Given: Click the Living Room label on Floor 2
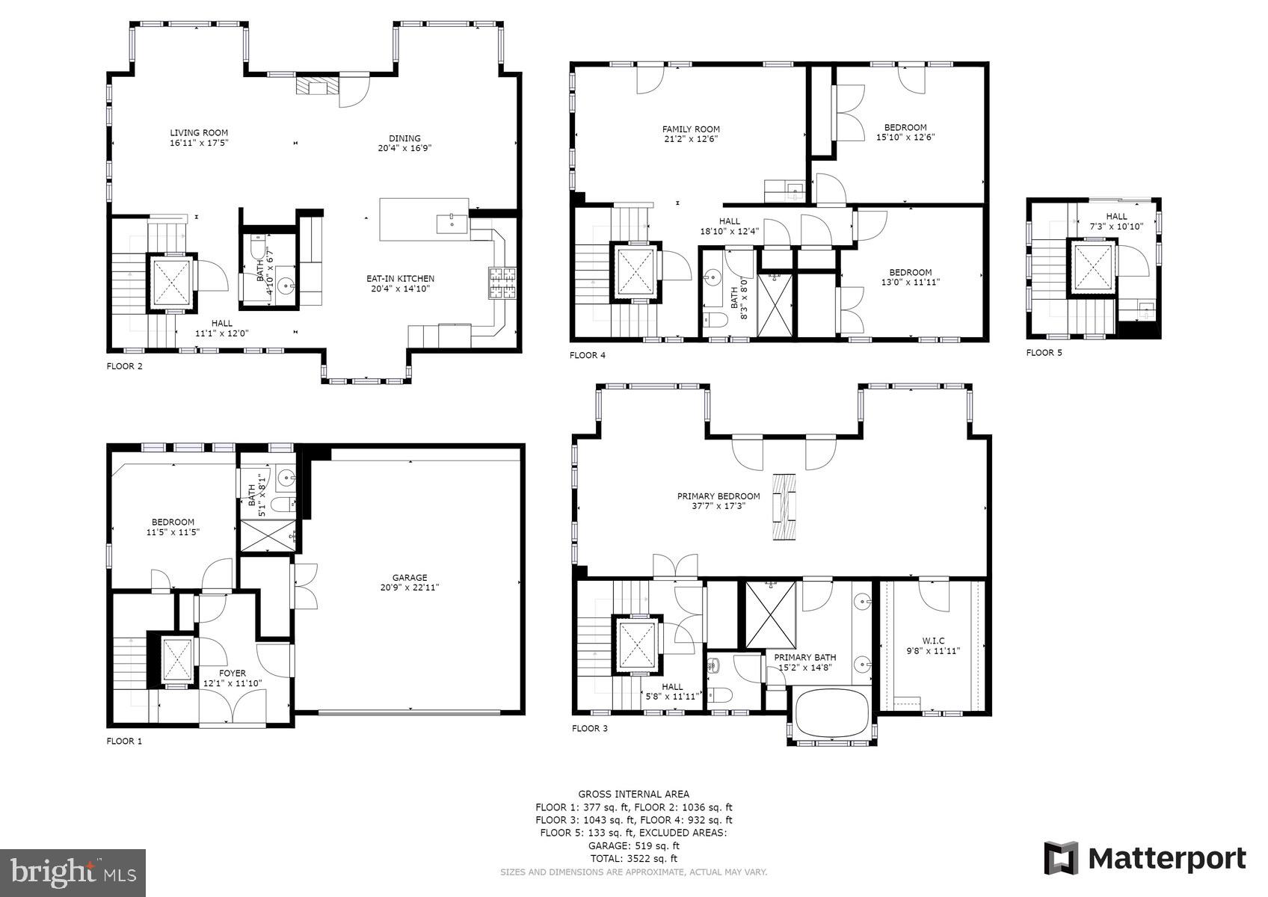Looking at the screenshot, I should point(198,137).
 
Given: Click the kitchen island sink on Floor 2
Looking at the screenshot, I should point(452,223).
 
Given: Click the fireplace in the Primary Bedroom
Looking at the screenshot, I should point(786,507).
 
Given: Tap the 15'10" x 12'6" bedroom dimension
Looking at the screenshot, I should point(905,138).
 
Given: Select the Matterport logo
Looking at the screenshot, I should point(1145,858).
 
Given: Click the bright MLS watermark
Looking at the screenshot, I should point(73,872).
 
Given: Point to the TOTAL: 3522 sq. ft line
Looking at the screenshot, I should point(633,859).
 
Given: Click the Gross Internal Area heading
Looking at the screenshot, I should point(633,794).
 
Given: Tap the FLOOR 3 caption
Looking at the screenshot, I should point(589,728).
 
